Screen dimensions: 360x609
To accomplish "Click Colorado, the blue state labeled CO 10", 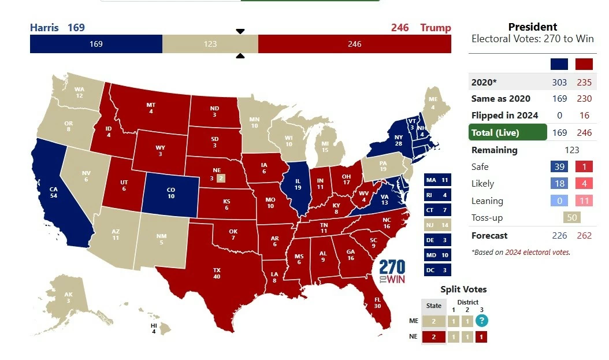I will coord(171,193).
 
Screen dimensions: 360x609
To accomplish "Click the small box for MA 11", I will coord(437,180).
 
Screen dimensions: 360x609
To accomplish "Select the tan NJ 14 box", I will coord(437,225).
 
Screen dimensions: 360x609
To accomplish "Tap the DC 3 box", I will coord(437,269).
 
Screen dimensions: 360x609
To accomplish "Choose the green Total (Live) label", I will coord(507,132).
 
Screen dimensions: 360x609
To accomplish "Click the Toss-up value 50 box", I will coord(571,217).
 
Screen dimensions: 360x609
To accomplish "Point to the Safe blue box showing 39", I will coord(559,166).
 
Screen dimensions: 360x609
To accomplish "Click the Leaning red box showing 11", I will coord(584,201).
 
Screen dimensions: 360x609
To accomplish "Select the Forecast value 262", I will coord(584,235).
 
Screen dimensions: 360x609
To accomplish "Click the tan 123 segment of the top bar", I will coord(210,44).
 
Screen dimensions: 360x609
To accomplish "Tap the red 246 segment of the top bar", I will coord(354,44).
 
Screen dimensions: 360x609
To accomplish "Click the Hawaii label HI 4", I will coord(153,328).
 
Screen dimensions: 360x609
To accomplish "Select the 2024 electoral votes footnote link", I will coord(537,252).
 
